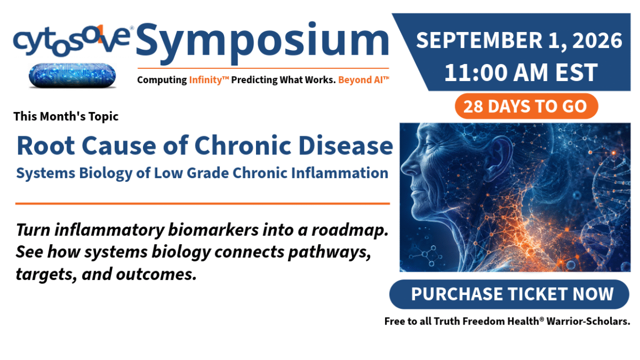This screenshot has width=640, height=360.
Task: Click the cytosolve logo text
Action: (x=72, y=41)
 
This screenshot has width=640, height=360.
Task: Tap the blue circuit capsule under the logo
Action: (x=72, y=76)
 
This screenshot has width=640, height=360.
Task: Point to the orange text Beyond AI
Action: (x=361, y=80)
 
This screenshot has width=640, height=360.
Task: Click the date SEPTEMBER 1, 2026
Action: (x=519, y=40)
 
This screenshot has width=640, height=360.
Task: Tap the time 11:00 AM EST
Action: (x=521, y=73)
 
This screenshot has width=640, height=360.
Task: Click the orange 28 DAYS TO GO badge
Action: (x=526, y=106)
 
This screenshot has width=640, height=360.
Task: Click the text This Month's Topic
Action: (x=66, y=117)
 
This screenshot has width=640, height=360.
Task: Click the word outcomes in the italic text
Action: (x=157, y=275)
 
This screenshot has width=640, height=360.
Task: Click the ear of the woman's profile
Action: (x=499, y=155)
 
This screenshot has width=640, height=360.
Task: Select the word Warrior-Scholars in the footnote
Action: (x=588, y=321)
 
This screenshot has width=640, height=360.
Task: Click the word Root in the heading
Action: (x=46, y=146)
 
